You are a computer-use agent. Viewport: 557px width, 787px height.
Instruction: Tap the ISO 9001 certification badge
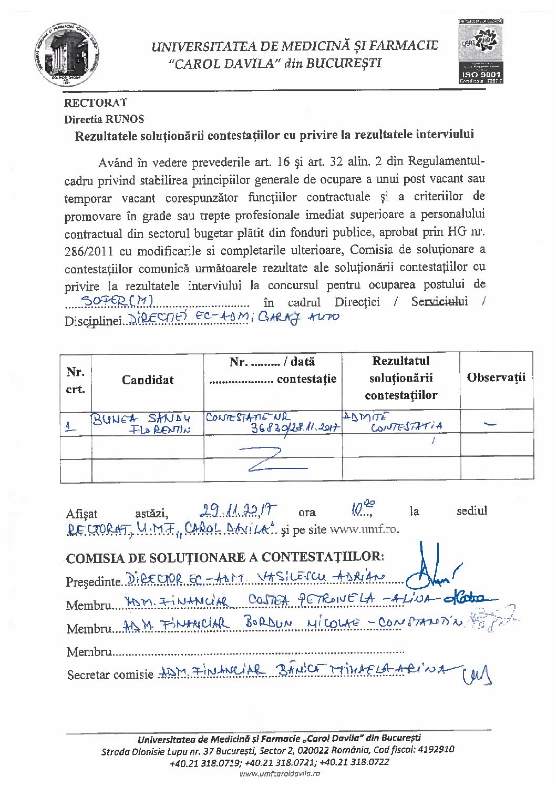tap(481, 52)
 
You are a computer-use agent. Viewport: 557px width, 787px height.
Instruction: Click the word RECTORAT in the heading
tap(96, 103)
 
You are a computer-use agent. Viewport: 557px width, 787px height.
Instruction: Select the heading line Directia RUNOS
tap(104, 119)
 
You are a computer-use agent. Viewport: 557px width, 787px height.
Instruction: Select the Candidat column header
tap(148, 380)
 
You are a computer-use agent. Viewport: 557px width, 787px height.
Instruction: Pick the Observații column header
tap(496, 377)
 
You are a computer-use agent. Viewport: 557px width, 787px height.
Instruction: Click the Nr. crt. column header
tap(76, 381)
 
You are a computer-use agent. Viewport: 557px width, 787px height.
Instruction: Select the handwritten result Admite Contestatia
tap(399, 422)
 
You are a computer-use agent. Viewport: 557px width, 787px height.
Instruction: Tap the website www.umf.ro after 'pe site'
tap(364, 529)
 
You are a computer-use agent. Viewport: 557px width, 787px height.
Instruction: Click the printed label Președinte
tap(94, 582)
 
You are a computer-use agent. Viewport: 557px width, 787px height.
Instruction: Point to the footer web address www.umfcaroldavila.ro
tap(279, 773)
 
